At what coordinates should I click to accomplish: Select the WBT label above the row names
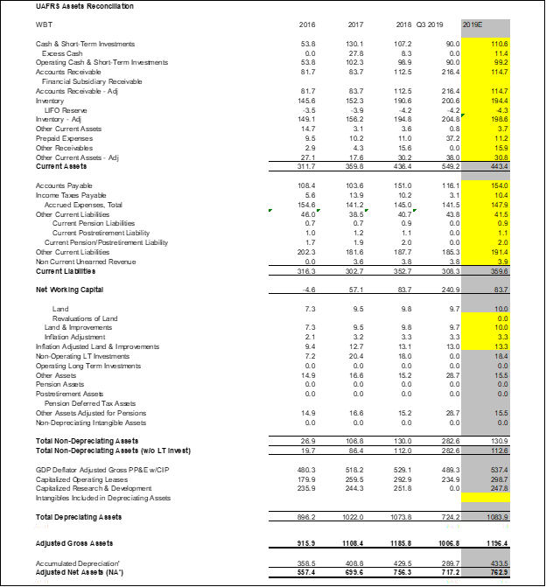43,24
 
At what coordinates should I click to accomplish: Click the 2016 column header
307,24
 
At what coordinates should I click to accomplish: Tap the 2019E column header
472,24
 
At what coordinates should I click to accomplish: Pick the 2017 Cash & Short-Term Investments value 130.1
354,43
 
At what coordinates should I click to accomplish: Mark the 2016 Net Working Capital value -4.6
307,288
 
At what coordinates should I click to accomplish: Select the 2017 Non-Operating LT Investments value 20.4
355,357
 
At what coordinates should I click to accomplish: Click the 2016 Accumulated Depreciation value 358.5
306,563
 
